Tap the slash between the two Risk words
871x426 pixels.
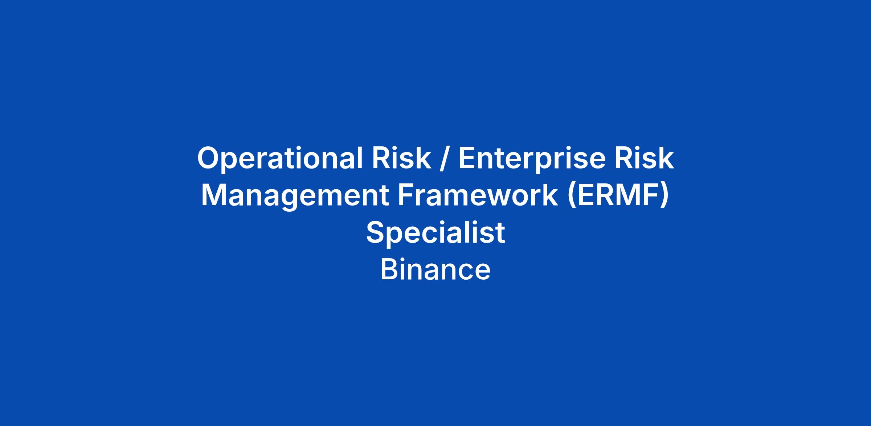point(445,159)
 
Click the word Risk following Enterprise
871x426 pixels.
point(644,158)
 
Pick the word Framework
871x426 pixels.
point(478,195)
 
